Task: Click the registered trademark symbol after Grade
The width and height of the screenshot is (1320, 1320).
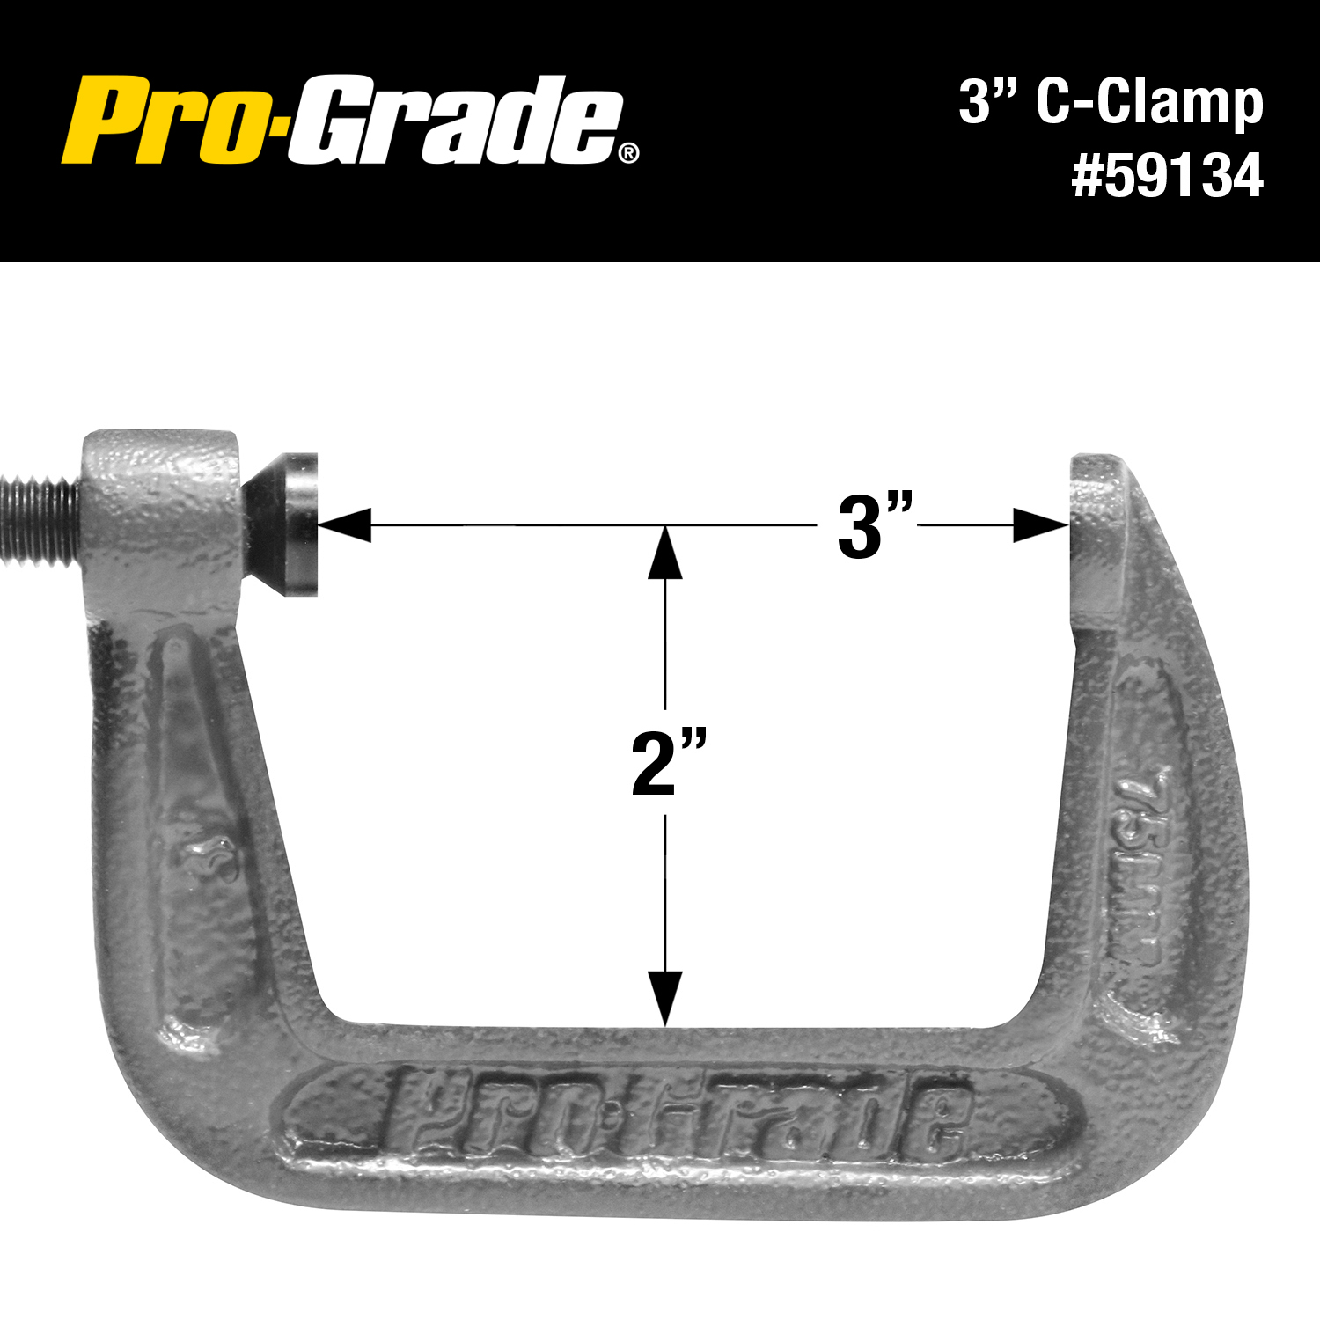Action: tap(629, 154)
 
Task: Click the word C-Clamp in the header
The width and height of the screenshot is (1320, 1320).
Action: tap(1149, 102)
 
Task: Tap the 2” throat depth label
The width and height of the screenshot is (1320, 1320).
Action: tap(669, 762)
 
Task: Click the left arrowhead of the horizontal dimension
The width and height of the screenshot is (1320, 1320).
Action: tap(344, 524)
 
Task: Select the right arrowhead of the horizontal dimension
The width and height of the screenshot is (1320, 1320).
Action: tap(1041, 525)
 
